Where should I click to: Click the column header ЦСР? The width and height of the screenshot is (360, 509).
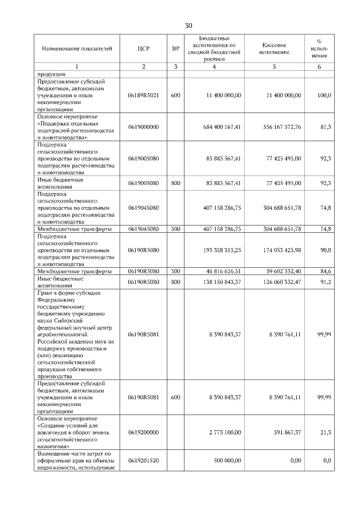[143, 49]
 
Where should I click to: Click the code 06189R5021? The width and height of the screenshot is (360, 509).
[143, 95]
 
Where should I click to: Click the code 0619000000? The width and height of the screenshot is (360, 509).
[143, 127]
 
